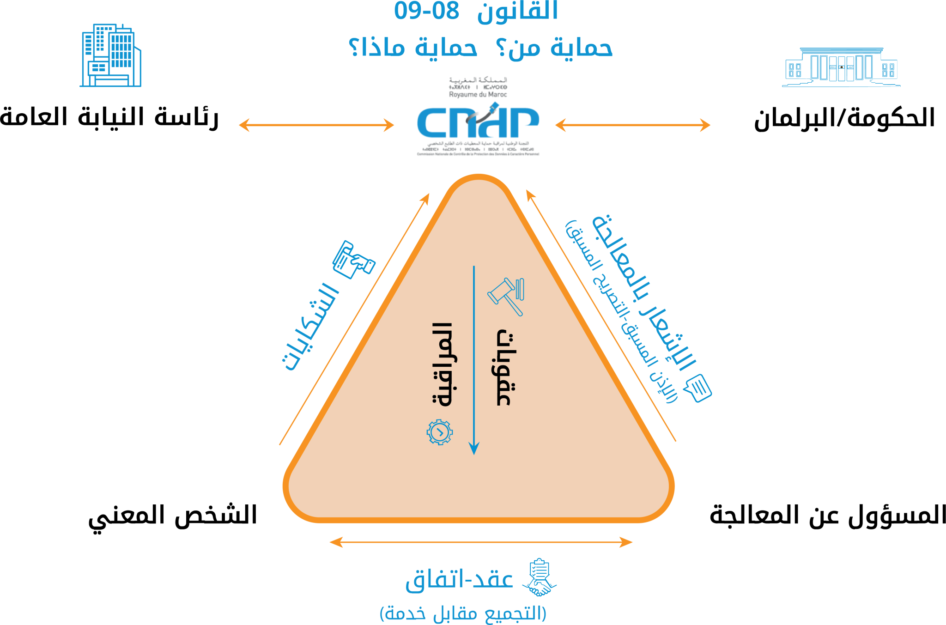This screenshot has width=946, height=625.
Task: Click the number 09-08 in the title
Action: pyautogui.click(x=426, y=11)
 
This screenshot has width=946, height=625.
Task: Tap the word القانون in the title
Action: pyautogui.click(x=517, y=12)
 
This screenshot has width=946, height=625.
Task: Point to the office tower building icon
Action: pyautogui.click(x=111, y=55)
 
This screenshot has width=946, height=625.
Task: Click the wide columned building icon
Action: pyautogui.click(x=841, y=67)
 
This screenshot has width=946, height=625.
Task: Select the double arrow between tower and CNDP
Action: pyautogui.click(x=316, y=125)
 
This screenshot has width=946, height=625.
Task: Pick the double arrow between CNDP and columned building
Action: pyautogui.click(x=632, y=125)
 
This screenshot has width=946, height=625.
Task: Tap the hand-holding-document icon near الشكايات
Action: pyautogui.click(x=353, y=260)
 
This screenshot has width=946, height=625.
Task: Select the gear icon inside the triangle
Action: pyautogui.click(x=440, y=432)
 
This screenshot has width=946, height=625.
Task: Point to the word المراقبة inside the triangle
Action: pyautogui.click(x=442, y=365)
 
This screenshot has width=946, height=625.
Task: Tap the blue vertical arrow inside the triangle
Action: pyautogui.click(x=474, y=360)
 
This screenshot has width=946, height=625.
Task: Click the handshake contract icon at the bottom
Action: pyautogui.click(x=540, y=578)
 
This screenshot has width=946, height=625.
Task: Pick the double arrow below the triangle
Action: pyautogui.click(x=481, y=542)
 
